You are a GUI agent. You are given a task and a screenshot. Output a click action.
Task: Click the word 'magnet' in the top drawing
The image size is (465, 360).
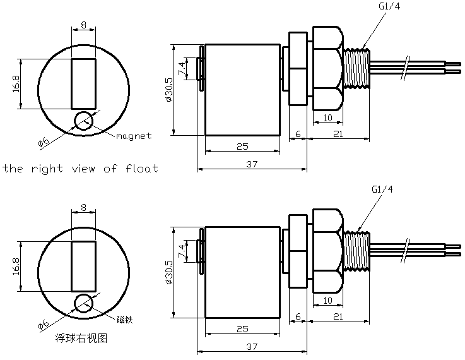pyautogui.click(x=134, y=136)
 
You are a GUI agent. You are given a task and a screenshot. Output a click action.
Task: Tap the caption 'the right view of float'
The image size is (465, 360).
pyautogui.click(x=80, y=169)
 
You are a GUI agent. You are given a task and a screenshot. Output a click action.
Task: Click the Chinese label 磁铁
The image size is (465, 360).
pyautogui.click(x=124, y=318)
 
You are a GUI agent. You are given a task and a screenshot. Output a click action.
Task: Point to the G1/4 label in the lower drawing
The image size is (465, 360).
pyautogui.click(x=382, y=189)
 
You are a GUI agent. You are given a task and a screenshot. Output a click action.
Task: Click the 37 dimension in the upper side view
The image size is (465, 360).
pyautogui.click(x=252, y=164)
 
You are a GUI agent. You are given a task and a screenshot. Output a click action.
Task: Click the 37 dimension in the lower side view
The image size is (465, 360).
pyautogui.click(x=252, y=347)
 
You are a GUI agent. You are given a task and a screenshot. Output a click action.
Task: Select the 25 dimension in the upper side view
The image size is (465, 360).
pyautogui.click(x=242, y=146)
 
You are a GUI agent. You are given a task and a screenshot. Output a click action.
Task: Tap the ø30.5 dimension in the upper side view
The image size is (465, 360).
pyautogui.click(x=168, y=89)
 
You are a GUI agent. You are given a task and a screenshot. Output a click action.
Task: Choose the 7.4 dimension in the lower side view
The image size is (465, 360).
pyautogui.click(x=182, y=251)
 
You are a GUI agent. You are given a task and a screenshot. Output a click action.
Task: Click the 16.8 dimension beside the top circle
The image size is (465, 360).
pyautogui.click(x=16, y=84)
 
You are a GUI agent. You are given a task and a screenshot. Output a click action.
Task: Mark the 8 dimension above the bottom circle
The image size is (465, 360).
pyautogui.click(x=83, y=207)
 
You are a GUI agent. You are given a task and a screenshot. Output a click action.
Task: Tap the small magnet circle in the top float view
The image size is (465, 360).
pyautogui.click(x=83, y=121)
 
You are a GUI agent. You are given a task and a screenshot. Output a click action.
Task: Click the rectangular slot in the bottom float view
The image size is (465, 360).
pyautogui.click(x=83, y=265)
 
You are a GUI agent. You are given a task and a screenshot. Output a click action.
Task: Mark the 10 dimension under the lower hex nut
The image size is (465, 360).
pyautogui.click(x=328, y=300)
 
